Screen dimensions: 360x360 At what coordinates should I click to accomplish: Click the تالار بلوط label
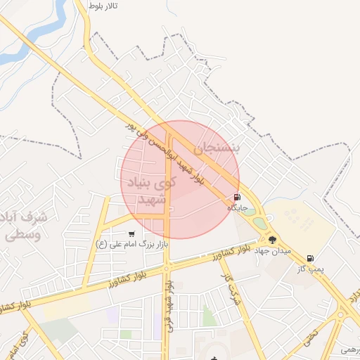102,6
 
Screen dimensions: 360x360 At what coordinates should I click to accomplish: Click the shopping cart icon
131,233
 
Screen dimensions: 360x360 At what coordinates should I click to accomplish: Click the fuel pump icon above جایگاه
237,198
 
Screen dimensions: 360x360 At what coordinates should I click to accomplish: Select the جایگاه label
237,209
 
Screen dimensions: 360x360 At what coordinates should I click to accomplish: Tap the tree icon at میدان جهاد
272,240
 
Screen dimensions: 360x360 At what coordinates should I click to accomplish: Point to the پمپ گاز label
310,269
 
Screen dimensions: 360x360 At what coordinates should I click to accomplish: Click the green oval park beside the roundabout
260,223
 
